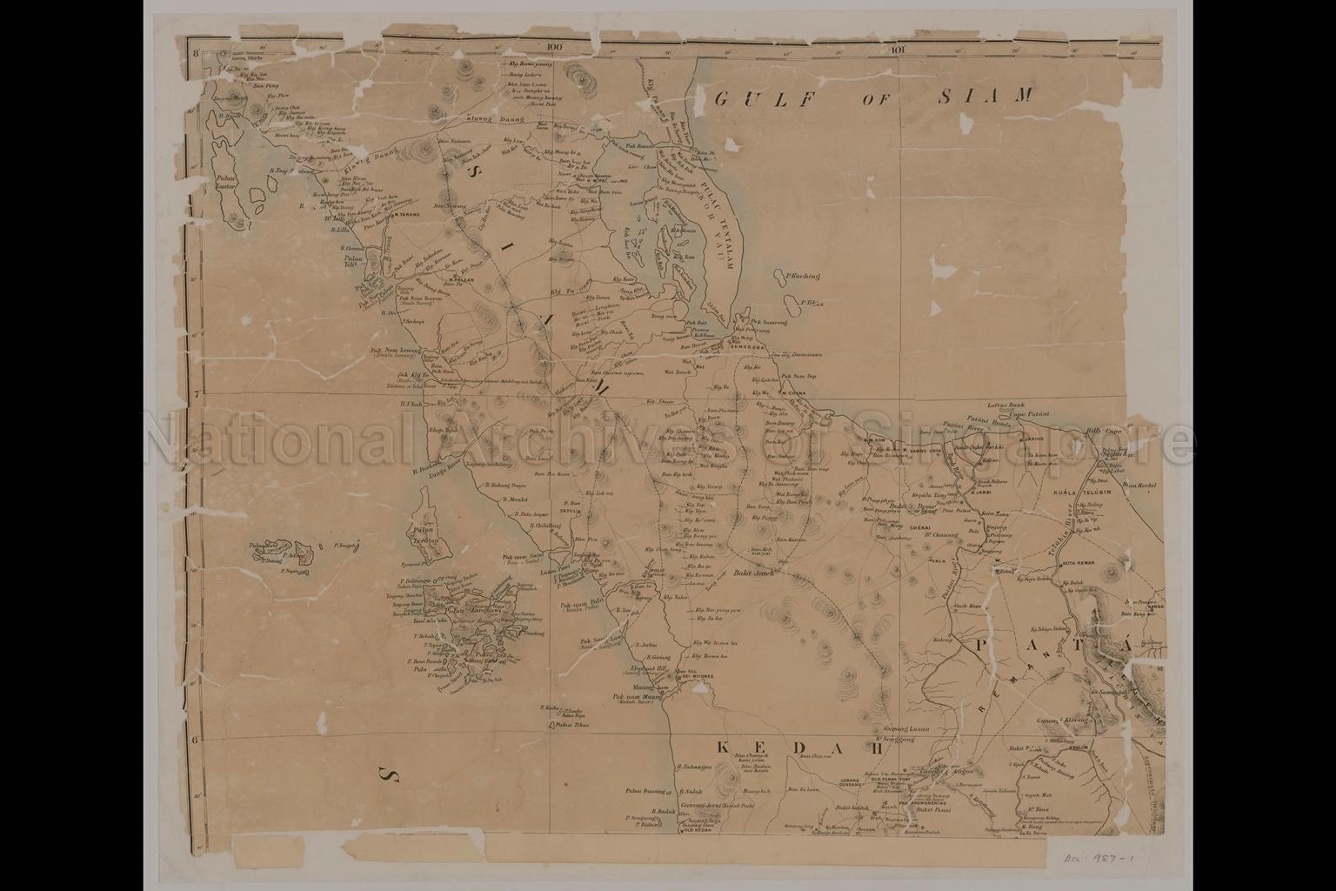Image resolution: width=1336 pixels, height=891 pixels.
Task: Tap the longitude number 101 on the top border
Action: coord(899,50)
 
